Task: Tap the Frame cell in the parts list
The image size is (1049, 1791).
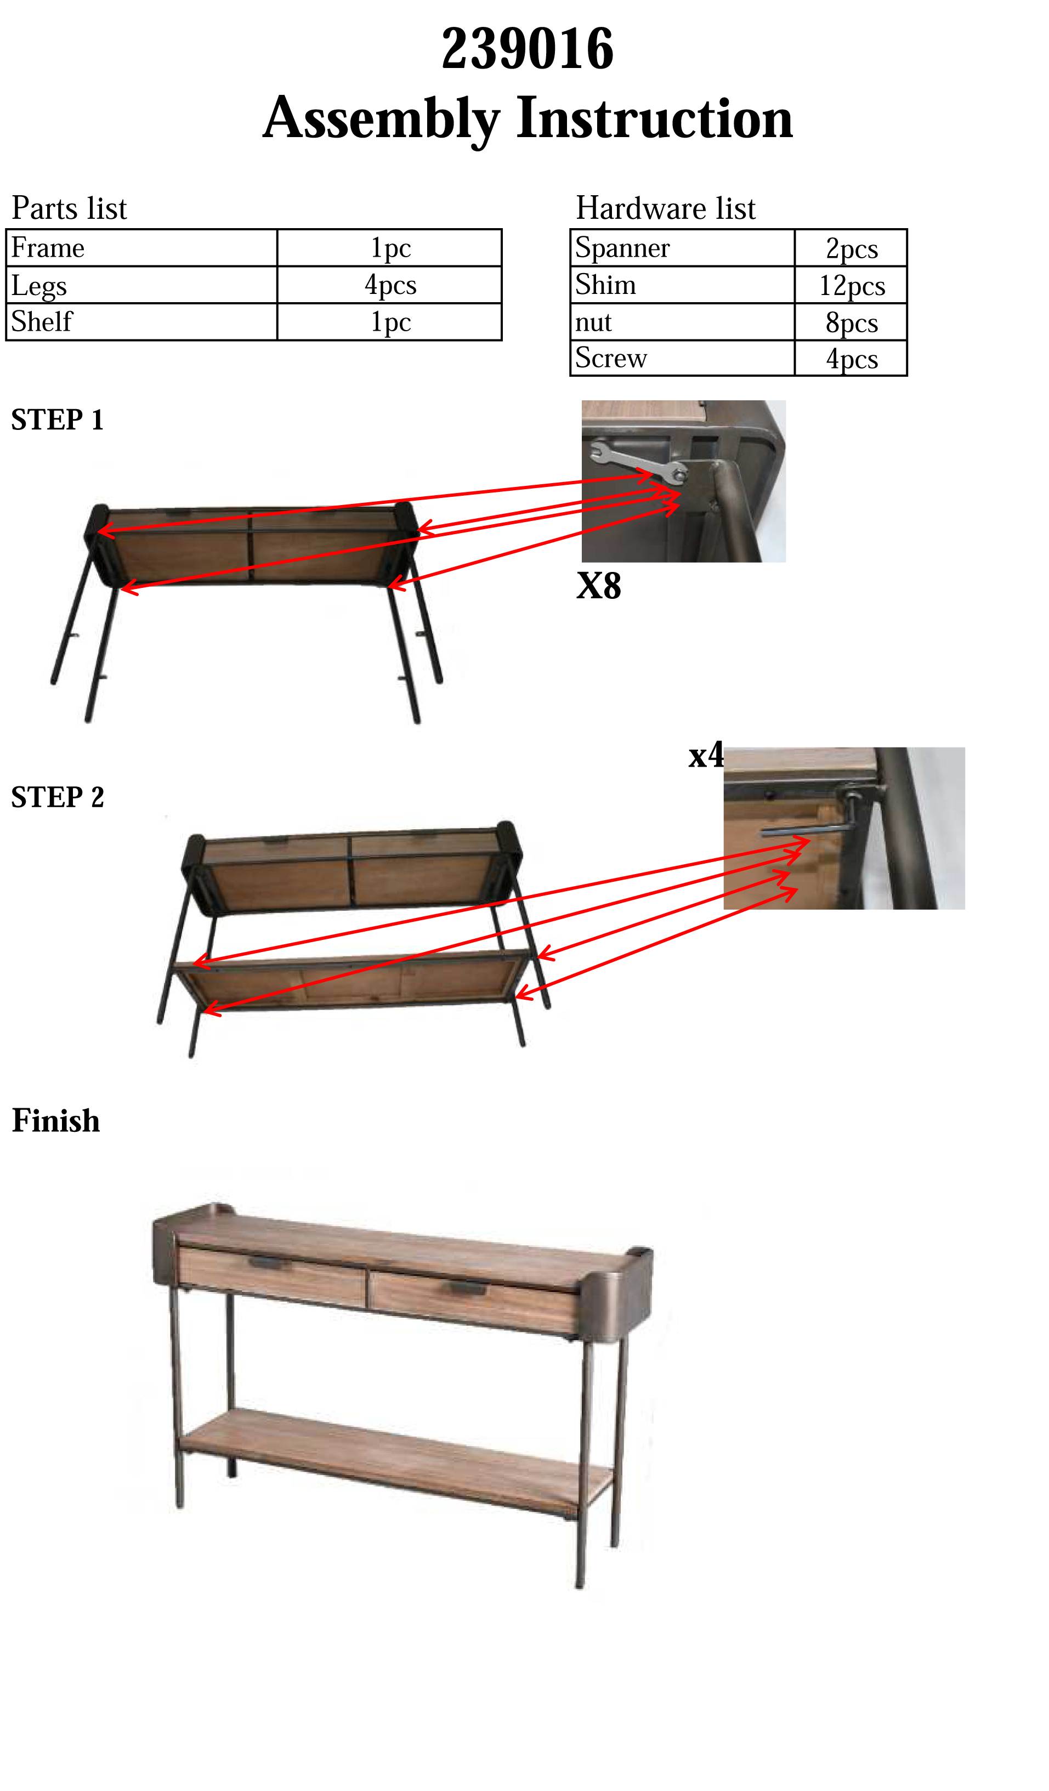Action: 141,248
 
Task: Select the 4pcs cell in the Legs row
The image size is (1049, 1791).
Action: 389,285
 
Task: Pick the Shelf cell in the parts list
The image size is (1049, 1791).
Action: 141,322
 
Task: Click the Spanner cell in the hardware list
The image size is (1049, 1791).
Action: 682,248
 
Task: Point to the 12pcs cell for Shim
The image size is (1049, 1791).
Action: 850,286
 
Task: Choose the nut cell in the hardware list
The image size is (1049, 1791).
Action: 682,322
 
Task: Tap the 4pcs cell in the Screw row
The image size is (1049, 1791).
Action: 850,358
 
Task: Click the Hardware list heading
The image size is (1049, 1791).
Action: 665,208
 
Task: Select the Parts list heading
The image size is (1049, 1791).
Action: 69,208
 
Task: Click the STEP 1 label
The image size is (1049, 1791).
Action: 58,420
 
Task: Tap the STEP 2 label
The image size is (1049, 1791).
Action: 58,797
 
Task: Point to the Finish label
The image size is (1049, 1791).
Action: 56,1121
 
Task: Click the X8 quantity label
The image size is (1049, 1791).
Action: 598,586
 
